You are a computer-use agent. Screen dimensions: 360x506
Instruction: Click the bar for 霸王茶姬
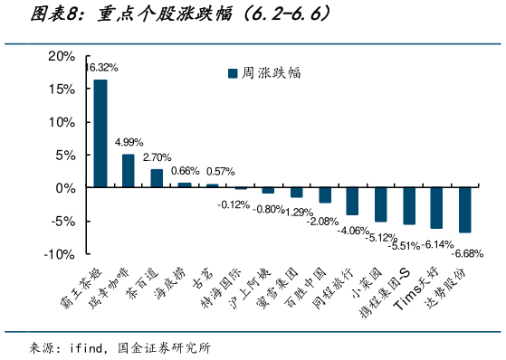[x=100, y=134]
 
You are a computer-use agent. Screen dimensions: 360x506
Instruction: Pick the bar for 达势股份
[x=464, y=210]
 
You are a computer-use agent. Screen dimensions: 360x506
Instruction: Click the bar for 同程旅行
[x=352, y=201]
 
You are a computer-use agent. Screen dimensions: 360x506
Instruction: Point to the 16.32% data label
[x=101, y=68]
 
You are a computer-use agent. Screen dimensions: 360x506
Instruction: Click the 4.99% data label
[x=129, y=142]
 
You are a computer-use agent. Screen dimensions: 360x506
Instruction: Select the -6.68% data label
[x=469, y=252]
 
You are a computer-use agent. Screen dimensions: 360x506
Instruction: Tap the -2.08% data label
[x=322, y=222]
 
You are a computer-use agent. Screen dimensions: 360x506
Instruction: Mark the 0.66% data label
[x=185, y=171]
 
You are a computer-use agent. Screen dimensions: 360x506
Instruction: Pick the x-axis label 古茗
[x=207, y=277]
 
